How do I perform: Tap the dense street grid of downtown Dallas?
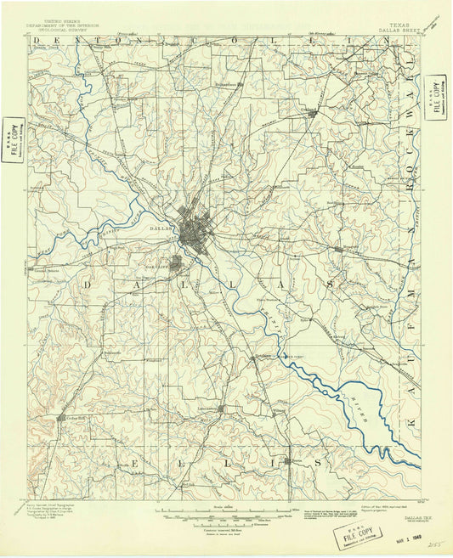coord(193,231)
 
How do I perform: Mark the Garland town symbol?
coord(313,111)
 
